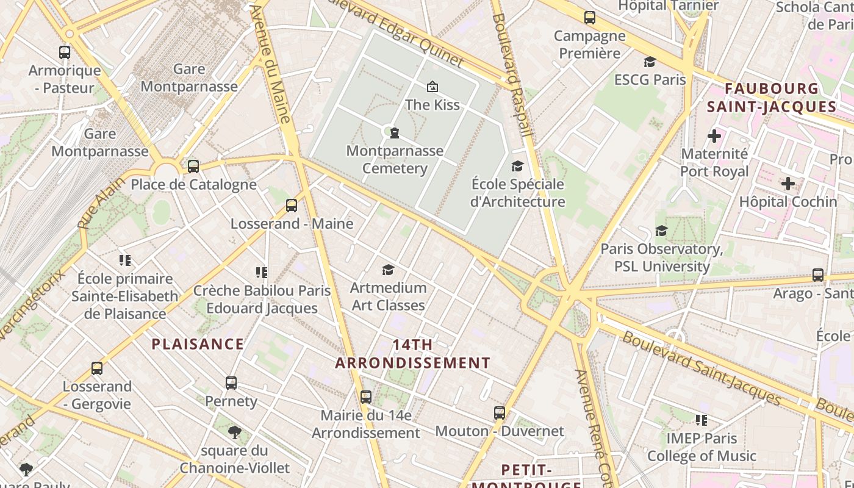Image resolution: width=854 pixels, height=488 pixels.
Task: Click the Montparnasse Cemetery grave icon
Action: [x=395, y=132]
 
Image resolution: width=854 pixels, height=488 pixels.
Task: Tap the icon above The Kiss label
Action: [x=432, y=87]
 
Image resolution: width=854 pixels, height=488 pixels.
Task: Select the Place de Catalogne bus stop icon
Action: [x=193, y=166]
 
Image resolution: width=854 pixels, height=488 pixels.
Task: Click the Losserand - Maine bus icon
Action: [x=292, y=206]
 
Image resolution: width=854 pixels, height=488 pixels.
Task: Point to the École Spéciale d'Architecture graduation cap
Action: [x=517, y=166]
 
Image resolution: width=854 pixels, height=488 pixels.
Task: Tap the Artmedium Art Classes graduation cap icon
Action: [x=388, y=270]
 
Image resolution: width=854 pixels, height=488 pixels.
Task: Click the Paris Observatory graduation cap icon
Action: [x=661, y=231]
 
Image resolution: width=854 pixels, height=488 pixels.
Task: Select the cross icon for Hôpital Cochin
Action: [x=788, y=183]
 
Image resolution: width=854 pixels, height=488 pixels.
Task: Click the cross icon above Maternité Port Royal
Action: [x=714, y=135]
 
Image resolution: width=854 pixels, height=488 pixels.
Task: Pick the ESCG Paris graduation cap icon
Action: [x=650, y=62]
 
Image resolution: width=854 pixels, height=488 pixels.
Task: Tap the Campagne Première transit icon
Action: [x=589, y=18]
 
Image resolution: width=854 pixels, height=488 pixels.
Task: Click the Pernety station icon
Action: [x=231, y=383]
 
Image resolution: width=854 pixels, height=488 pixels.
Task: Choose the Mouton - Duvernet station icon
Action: [x=500, y=413]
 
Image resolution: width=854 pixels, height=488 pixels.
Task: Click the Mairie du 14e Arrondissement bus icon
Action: [x=366, y=397]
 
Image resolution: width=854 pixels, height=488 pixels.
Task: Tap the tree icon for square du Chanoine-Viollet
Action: [x=234, y=433]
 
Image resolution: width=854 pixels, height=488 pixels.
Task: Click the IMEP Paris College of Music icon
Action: [x=701, y=420]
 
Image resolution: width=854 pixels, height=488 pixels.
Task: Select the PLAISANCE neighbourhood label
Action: [x=198, y=344]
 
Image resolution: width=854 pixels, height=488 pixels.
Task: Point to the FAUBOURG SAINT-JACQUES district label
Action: [x=771, y=98]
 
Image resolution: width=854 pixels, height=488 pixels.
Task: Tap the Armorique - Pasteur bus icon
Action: [x=65, y=52]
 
